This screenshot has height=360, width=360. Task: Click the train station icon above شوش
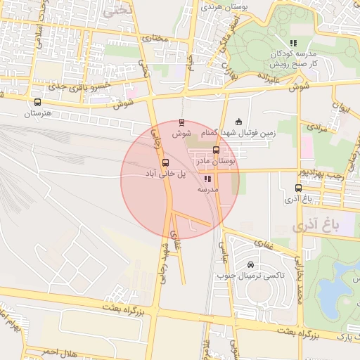pyautogui.click(x=183, y=122)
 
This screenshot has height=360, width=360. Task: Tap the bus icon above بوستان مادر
pyautogui.click(x=215, y=150)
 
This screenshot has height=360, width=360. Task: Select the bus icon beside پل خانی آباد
pyautogui.click(x=166, y=162)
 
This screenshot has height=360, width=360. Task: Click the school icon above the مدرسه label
pyautogui.click(x=207, y=179)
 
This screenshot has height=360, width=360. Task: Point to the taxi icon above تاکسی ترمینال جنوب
pyautogui.click(x=251, y=265)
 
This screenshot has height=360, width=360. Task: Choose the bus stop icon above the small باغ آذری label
pyautogui.click(x=298, y=188)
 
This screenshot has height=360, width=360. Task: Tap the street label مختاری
pyautogui.click(x=155, y=39)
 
